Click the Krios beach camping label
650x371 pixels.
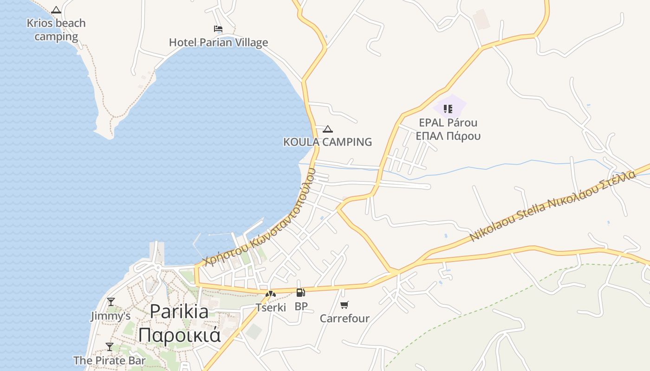[x=56, y=30]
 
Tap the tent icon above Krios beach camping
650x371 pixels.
[x=56, y=10]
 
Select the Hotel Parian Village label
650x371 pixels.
[x=218, y=43]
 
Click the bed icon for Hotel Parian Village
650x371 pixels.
[x=218, y=29]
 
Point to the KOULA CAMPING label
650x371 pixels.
[x=328, y=142]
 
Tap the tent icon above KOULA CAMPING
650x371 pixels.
[x=328, y=129]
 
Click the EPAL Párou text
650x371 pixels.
[x=448, y=123]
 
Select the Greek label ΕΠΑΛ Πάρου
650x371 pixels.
[x=448, y=136]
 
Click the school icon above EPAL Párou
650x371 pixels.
[x=448, y=109]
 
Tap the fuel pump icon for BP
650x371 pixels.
[x=301, y=293]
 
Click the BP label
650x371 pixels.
[x=301, y=307]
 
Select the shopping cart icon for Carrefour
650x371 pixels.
[x=344, y=305]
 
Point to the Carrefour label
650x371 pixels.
[x=344, y=319]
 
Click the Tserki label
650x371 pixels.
[x=271, y=307]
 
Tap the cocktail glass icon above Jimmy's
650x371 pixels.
[x=110, y=302]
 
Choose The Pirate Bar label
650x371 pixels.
[x=110, y=360]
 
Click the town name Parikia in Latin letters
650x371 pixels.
[x=179, y=311]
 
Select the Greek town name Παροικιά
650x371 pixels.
[x=179, y=334]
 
